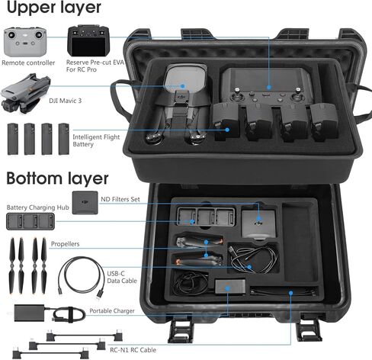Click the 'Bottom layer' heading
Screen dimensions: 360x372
[x=58, y=179]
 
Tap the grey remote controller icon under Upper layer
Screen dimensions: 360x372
[x=25, y=41]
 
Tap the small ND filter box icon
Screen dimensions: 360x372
[x=85, y=204]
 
